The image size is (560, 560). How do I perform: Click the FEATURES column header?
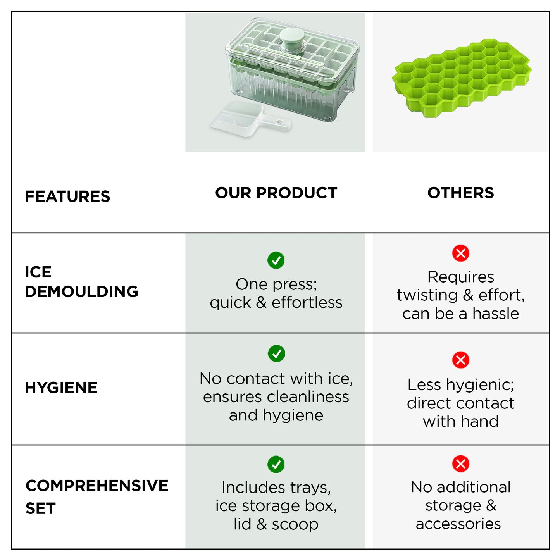(x=67, y=196)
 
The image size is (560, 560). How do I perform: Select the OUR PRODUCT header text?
(x=276, y=193)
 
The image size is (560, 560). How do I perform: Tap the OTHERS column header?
(x=460, y=193)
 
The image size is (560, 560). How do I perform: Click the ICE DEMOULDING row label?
(x=81, y=282)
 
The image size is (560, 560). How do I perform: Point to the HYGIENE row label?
(x=61, y=388)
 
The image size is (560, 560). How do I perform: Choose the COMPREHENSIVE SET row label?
(x=97, y=496)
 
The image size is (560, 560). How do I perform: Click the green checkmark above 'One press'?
(x=276, y=260)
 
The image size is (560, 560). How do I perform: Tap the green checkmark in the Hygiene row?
(x=276, y=353)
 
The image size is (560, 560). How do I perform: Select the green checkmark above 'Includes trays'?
(x=276, y=464)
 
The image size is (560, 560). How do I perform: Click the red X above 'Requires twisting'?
(x=460, y=253)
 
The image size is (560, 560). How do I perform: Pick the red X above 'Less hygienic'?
(x=460, y=360)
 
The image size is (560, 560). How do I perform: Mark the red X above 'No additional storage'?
(x=460, y=464)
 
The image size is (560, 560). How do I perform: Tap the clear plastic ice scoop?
(x=248, y=120)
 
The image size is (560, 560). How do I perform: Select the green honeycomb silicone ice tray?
(x=461, y=78)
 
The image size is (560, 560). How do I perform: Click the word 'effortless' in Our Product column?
(x=307, y=303)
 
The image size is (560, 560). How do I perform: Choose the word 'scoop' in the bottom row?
(x=295, y=524)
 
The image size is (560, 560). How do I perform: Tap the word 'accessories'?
(x=458, y=524)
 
